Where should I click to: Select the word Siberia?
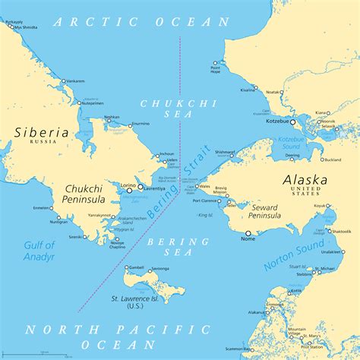(x=41, y=132)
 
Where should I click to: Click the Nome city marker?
(x=248, y=233)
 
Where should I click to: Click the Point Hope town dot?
(x=215, y=63)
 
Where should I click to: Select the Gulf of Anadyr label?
(x=39, y=251)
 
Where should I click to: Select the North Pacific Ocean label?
(x=115, y=336)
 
